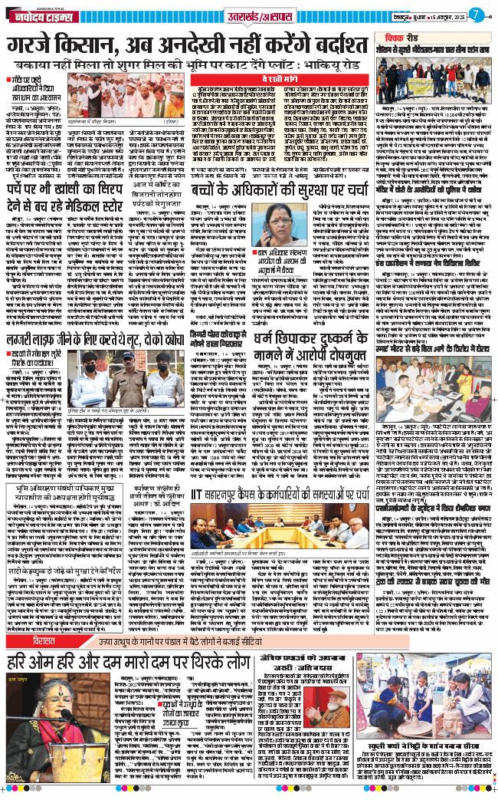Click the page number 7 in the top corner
click(476, 13)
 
